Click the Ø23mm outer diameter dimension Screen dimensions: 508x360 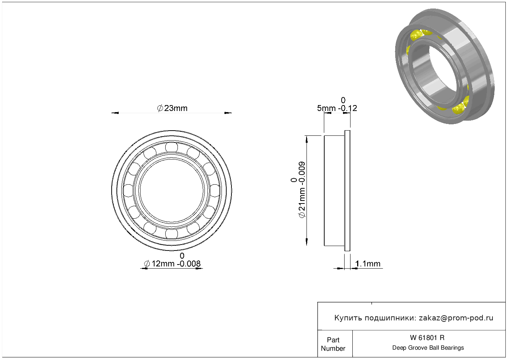pyautogui.click(x=172, y=108)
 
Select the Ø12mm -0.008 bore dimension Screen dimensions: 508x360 pyautogui.click(x=172, y=264)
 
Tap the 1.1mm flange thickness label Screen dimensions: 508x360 pyautogui.click(x=368, y=264)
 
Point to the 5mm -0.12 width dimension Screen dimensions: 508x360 pyautogui.click(x=337, y=108)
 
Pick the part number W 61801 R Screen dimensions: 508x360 pyautogui.click(x=427, y=338)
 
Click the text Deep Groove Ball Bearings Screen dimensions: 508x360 pyautogui.click(x=428, y=348)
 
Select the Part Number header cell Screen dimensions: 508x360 pyautogui.click(x=333, y=344)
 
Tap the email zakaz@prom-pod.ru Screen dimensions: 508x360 pyautogui.click(x=456, y=318)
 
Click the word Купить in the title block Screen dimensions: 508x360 pyautogui.click(x=348, y=318)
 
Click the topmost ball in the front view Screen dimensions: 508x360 pyautogui.click(x=172, y=147)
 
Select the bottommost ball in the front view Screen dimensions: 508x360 pyautogui.click(x=172, y=234)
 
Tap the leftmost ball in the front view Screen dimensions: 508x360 pyautogui.click(x=128, y=191)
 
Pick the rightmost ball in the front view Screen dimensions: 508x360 pyautogui.click(x=215, y=191)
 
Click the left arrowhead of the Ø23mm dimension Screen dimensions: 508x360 pyautogui.click(x=115, y=113)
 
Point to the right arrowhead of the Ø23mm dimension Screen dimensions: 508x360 pyautogui.click(x=228, y=113)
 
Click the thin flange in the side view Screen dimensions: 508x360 pyautogui.click(x=347, y=191)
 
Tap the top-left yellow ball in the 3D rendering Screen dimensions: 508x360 pyautogui.click(x=416, y=36)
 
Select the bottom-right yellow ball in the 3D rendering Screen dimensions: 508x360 pyautogui.click(x=458, y=108)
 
